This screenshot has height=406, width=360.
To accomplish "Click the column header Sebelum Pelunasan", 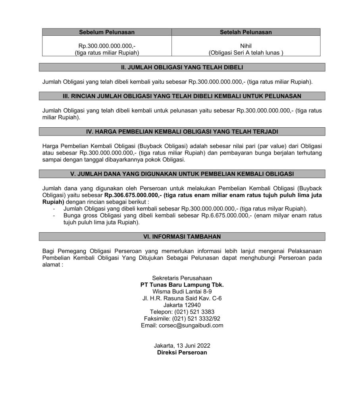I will click(107, 32).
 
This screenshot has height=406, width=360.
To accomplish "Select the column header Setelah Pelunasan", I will click(246, 32).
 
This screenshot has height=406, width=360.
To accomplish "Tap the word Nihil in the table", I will click(246, 46).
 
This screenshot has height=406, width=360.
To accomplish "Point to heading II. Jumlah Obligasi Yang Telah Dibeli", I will click(182, 67).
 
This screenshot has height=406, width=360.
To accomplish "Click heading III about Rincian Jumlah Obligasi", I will click(182, 96).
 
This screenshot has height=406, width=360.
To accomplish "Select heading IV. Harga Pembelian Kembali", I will click(182, 131).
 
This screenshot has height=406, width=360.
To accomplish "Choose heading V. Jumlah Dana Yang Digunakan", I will click(182, 173).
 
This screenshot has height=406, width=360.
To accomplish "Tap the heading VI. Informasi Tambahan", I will click(182, 236).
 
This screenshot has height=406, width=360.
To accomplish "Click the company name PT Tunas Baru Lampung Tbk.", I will click(182, 285).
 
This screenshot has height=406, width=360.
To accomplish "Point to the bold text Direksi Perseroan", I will click(182, 352).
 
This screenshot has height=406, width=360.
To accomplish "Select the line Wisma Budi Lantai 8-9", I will click(182, 291).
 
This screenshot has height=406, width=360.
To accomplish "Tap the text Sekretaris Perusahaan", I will click(182, 278).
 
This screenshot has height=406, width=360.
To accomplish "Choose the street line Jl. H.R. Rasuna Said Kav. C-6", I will click(182, 298).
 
